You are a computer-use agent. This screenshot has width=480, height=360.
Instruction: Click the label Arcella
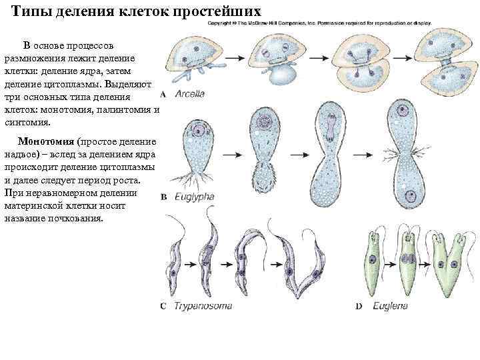(190, 94)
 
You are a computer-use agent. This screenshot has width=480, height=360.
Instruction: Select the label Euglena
(391, 306)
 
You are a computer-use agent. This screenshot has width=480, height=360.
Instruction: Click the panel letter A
(163, 95)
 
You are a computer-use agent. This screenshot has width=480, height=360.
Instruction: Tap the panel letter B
(164, 197)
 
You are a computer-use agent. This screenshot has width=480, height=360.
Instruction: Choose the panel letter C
(164, 307)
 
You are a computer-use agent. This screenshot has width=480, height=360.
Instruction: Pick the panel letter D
(359, 307)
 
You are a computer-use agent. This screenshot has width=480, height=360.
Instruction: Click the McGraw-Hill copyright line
(320, 23)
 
